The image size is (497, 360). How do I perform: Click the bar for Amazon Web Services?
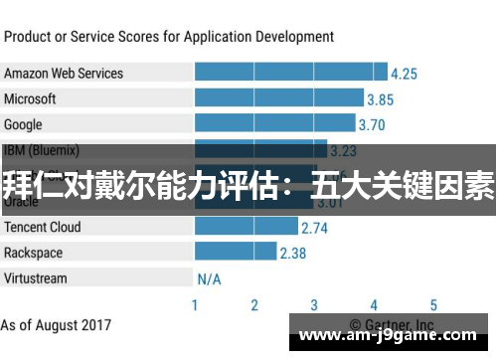tap(291, 73)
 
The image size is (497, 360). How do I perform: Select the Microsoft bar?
tap(279, 98)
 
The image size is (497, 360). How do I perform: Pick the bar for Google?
tap(274, 124)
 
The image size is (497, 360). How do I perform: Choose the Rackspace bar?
tap(235, 253)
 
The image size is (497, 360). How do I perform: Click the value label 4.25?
tap(405, 74)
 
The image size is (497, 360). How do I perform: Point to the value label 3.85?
tap(380, 99)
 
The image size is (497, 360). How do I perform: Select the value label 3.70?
tap(371, 125)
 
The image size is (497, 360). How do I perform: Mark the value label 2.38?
tap(292, 254)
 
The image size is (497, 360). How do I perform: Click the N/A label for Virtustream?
tap(209, 278)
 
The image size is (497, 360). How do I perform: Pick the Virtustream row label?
tap(37, 277)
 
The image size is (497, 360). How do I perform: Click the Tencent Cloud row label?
tap(43, 227)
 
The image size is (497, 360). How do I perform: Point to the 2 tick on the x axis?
tap(254, 305)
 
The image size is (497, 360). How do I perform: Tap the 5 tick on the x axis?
tap(433, 305)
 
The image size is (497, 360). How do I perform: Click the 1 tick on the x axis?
tap(195, 305)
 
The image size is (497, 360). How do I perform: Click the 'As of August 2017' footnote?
tap(57, 325)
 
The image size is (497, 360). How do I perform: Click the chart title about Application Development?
tap(169, 37)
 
